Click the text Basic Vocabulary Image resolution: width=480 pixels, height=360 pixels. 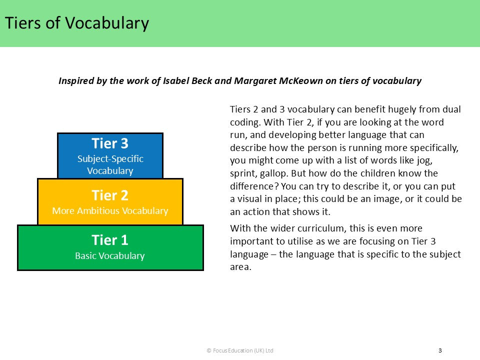coord(110,256)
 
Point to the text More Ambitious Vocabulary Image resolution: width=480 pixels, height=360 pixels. coord(110,211)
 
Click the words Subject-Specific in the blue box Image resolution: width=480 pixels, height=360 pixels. coord(110,159)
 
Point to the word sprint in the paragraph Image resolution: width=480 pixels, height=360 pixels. coord(242,173)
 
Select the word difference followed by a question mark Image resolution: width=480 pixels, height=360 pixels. coord(252,186)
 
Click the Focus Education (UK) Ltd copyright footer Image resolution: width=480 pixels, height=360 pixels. coord(240,350)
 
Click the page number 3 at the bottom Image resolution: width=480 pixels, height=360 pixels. coord(440,350)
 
